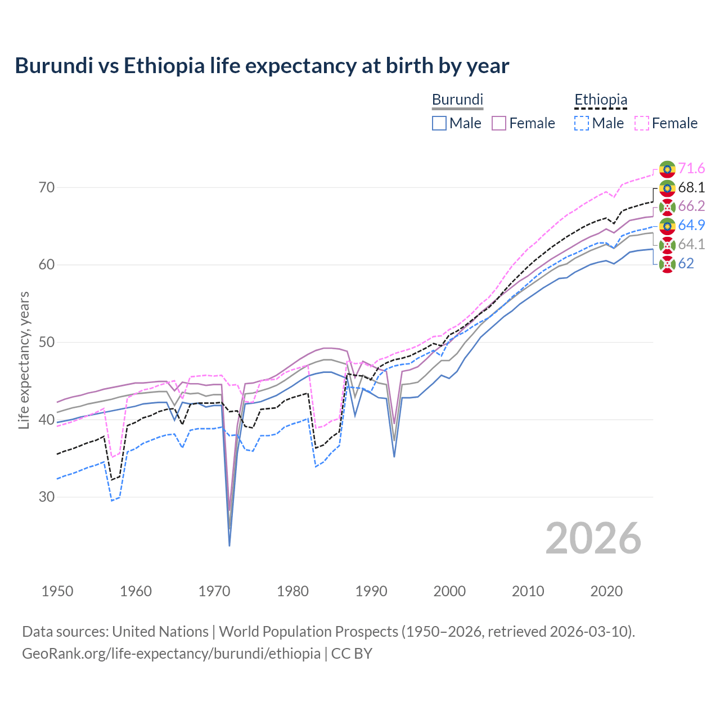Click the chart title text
262,66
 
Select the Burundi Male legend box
439,123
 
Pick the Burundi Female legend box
499,123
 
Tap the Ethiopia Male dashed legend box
582,123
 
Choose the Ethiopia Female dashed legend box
642,123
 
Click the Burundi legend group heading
457,100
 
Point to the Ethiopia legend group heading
600,100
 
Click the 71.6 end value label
691,169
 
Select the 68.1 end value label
691,187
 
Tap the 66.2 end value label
691,206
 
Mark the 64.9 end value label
691,226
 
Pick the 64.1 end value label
691,245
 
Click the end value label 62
686,264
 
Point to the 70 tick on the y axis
47,187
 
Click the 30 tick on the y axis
47,497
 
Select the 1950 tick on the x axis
57,591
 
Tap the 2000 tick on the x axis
449,591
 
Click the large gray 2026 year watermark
593,539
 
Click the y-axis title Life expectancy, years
24,360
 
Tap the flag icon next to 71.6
667,169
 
